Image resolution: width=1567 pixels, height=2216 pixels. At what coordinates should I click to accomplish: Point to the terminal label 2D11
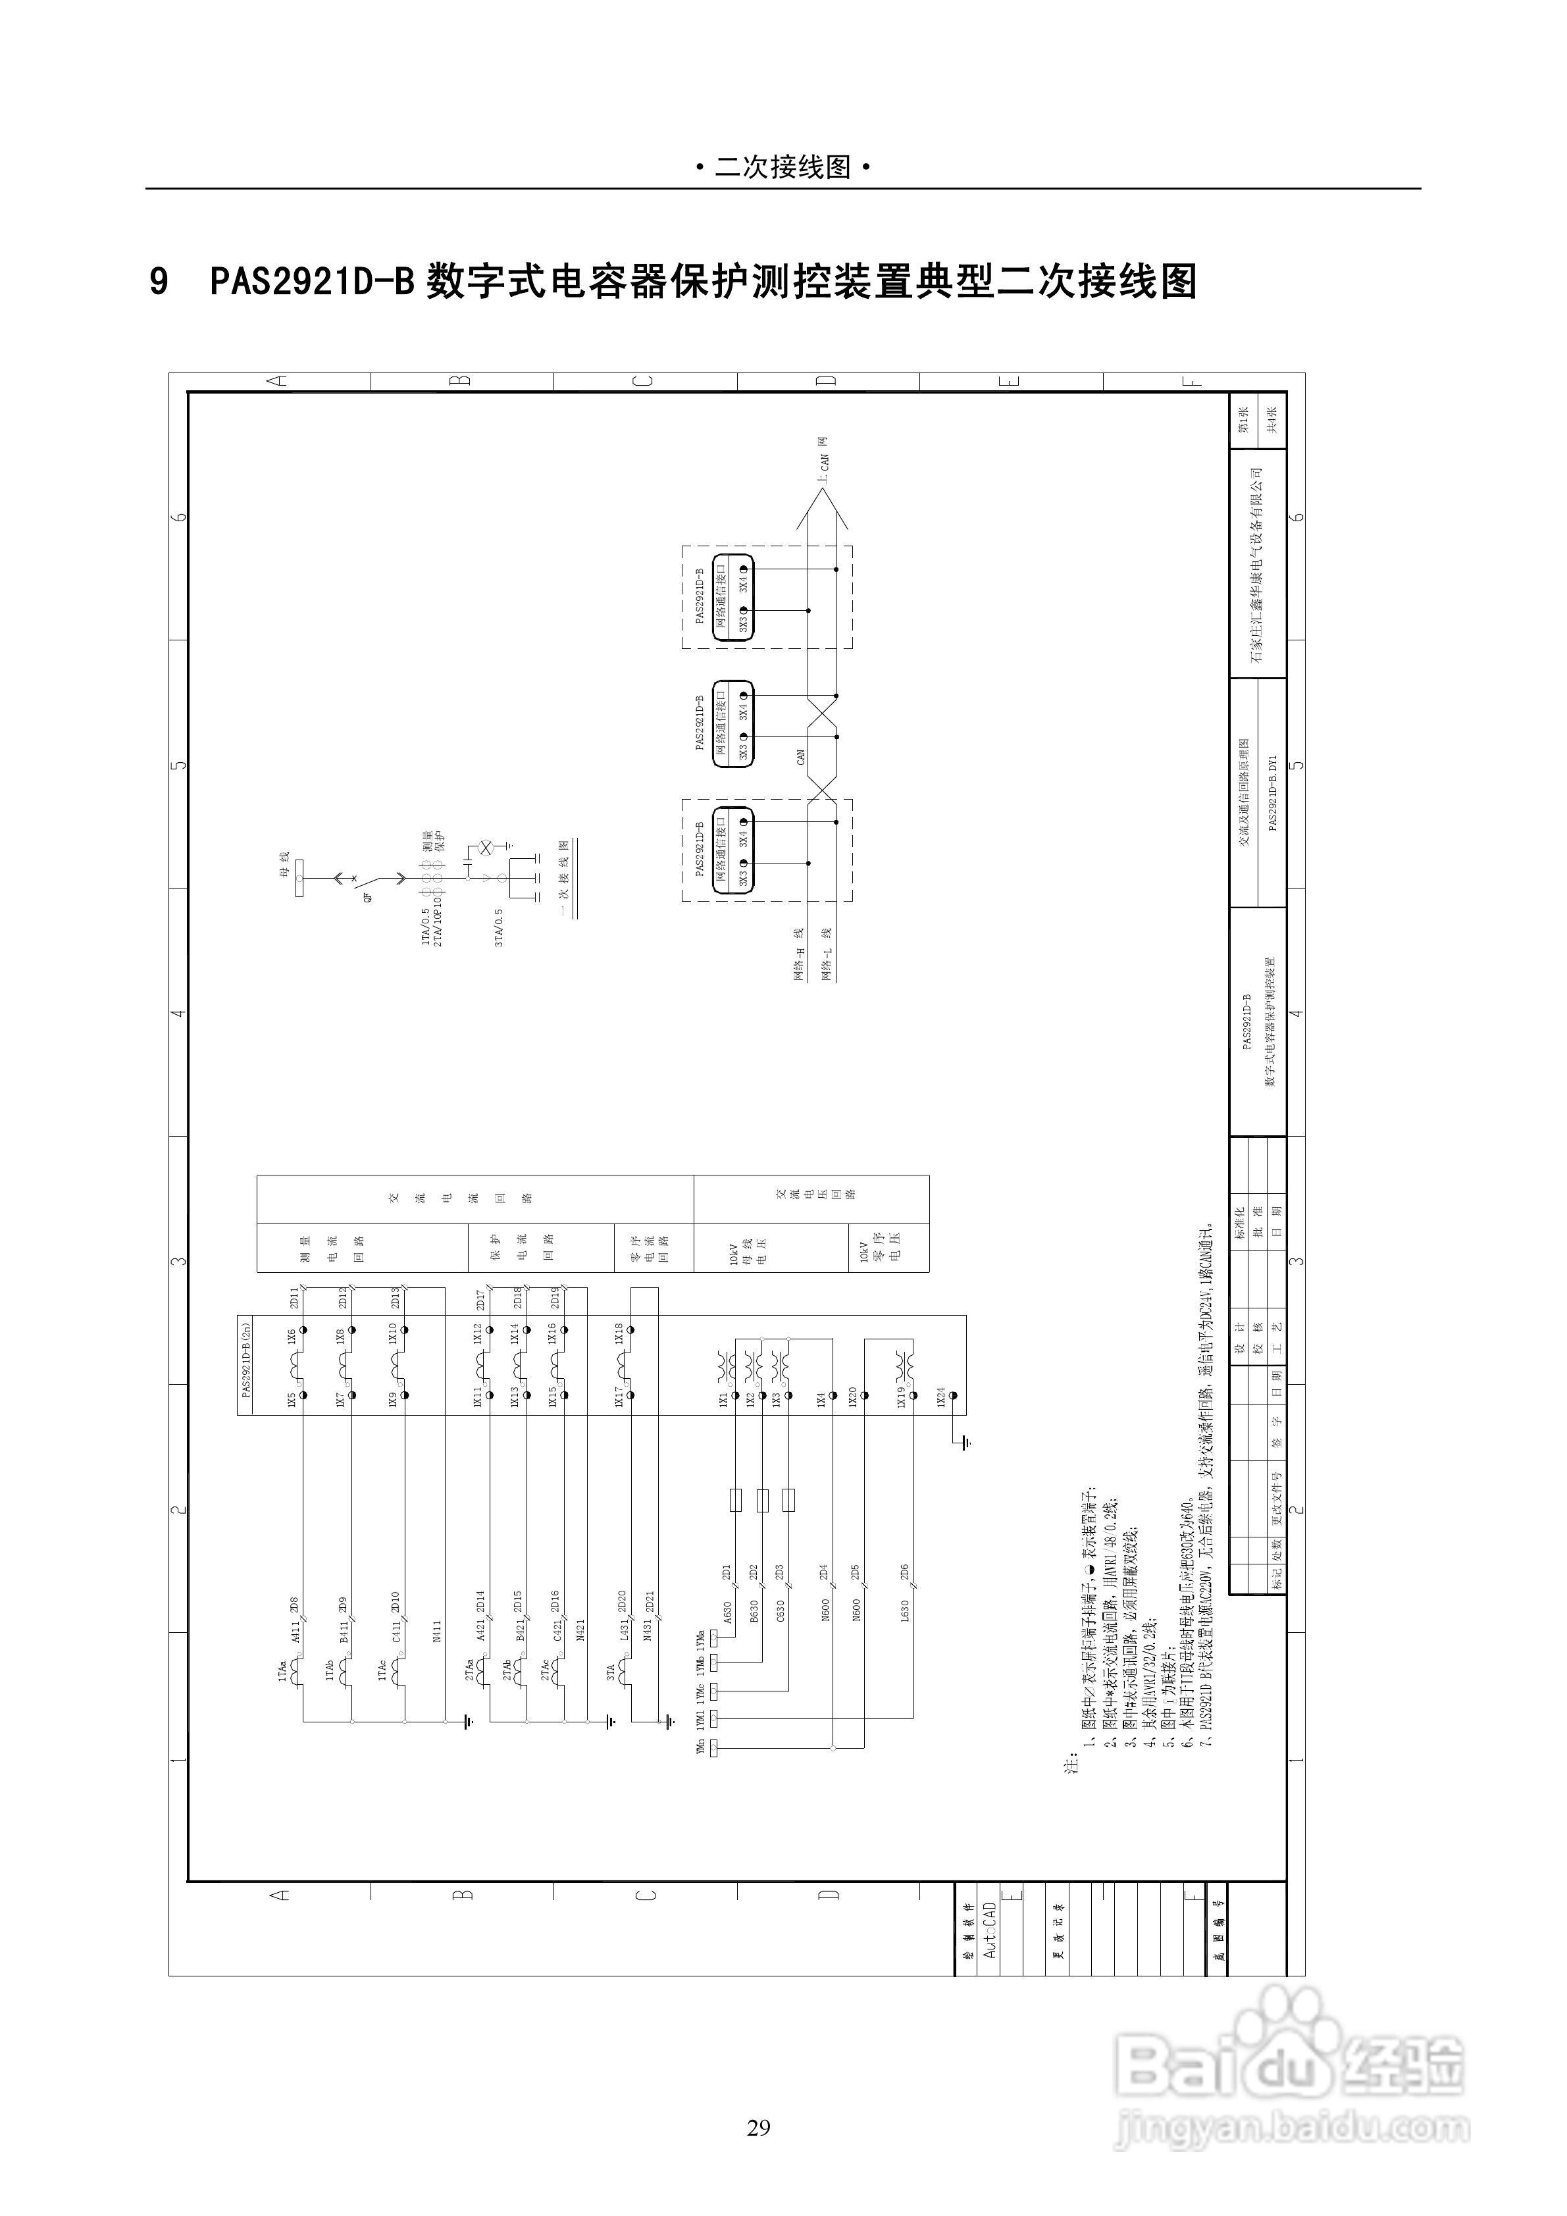point(294,1297)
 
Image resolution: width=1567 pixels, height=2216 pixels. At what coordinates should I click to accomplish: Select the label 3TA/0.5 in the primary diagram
point(499,927)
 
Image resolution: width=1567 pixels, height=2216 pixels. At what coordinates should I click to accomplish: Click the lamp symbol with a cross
point(486,846)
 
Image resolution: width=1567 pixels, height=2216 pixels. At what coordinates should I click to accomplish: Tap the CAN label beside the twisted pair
point(800,757)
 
